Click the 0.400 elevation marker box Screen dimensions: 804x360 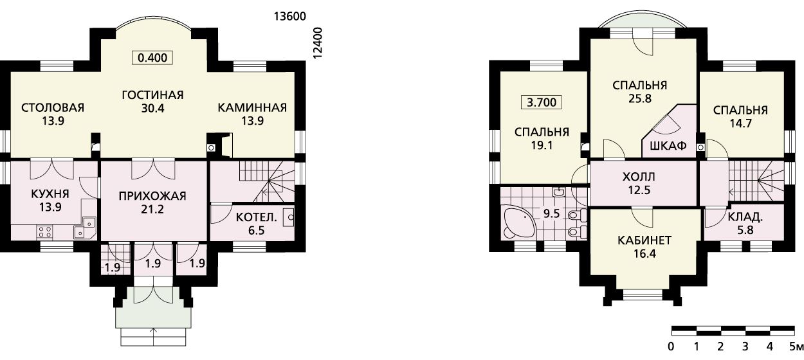(152, 57)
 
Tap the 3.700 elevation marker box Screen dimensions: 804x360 (542, 102)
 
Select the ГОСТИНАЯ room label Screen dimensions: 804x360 (152, 95)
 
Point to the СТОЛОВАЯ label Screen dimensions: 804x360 (53, 107)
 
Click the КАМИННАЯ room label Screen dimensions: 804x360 (252, 107)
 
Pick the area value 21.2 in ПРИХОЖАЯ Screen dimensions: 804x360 (152, 209)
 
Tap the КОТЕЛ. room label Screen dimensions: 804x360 (256, 217)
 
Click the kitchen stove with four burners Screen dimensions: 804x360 (45, 231)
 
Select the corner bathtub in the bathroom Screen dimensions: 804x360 (520, 222)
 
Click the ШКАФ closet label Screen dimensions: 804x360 (668, 145)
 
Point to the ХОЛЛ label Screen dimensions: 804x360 (639, 177)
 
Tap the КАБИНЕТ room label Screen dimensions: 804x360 (644, 240)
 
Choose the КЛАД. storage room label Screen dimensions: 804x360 (745, 217)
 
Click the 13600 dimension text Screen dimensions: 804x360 (290, 17)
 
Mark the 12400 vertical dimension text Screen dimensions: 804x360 (318, 42)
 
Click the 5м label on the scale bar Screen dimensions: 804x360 (796, 346)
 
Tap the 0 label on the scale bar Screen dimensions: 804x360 (671, 346)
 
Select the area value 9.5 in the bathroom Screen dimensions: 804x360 (551, 213)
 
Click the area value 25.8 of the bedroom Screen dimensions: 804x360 (640, 98)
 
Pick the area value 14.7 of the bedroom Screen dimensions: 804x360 (740, 123)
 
